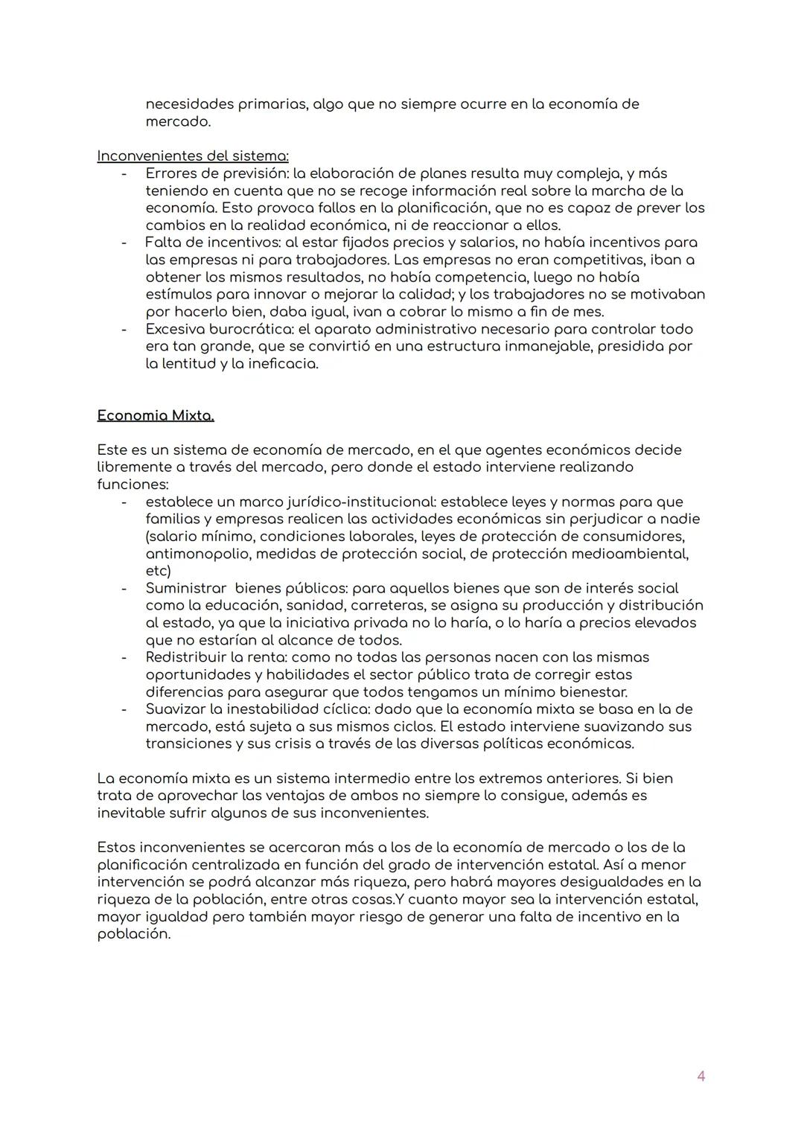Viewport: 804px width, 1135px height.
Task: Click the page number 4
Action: click(700, 1075)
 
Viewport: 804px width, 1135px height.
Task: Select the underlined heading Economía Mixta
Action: click(156, 415)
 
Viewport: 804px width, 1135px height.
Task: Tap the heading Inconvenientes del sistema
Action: click(193, 156)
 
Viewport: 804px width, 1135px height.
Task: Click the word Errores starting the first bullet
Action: click(171, 173)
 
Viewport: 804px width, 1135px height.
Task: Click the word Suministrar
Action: click(185, 588)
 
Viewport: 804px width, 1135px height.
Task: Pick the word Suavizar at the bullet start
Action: click(176, 709)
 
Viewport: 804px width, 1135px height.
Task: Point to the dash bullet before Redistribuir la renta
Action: click(124, 657)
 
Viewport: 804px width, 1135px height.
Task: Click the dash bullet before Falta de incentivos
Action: click(124, 243)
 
